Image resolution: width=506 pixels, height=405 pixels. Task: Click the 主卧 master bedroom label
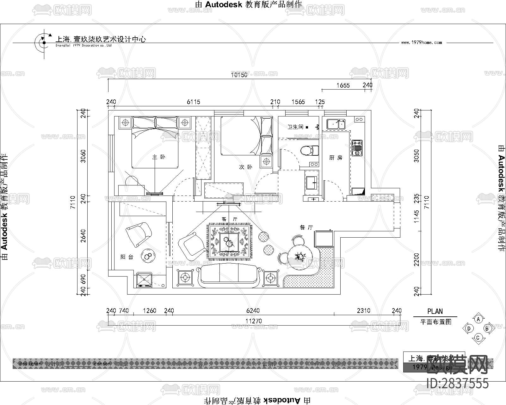159,157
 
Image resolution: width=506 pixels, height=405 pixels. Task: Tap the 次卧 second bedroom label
245,167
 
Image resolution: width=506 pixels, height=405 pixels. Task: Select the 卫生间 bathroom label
295,127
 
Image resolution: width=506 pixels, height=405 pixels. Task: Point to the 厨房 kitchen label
336,158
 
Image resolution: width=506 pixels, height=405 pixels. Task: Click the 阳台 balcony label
127,257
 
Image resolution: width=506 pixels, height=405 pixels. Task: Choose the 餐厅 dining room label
306,227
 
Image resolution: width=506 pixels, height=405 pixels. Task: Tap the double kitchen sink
336,124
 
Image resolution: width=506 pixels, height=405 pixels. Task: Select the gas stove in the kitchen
357,148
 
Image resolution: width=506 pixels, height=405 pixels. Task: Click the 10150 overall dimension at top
239,75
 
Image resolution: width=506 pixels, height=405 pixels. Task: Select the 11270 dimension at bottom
254,321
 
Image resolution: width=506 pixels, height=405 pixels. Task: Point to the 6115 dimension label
193,102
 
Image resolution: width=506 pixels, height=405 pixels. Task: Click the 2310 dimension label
363,311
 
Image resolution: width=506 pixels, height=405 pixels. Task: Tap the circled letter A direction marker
478,319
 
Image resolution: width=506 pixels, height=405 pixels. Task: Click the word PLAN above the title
435,311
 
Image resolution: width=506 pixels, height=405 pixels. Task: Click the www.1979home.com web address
422,42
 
